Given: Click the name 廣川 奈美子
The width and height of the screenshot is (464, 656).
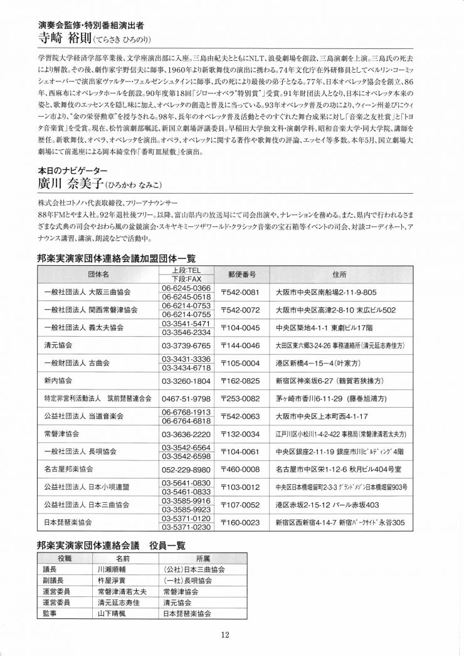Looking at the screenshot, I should (70, 184).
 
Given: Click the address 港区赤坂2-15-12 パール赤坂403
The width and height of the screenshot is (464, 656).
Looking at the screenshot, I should (327, 504).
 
